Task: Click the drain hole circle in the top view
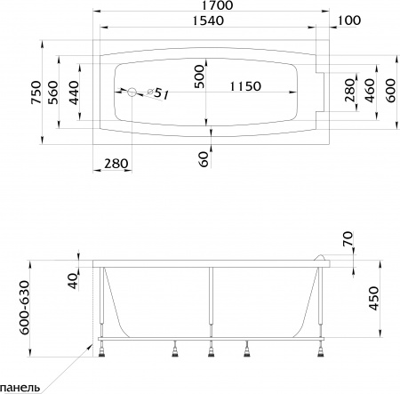coord(131,92)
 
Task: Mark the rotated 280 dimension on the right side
coord(348,92)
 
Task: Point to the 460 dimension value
coord(369,92)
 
